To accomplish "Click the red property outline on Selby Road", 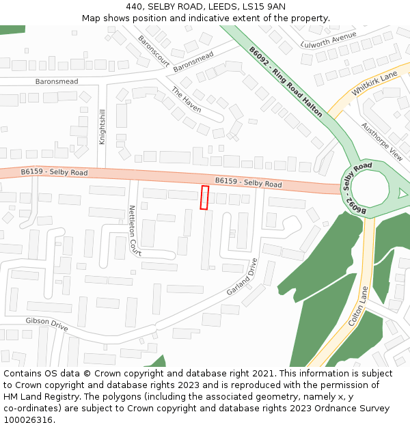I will [x=204, y=197].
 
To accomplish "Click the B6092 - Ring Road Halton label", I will [x=285, y=81].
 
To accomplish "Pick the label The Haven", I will [x=186, y=100].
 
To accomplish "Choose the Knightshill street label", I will [x=102, y=126].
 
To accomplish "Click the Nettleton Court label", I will [x=135, y=230].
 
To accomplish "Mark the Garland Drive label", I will [x=244, y=277].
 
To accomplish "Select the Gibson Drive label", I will [x=47, y=325].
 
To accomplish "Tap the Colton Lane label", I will [x=359, y=305].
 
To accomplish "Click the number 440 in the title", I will [x=134, y=6].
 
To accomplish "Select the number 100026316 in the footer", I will [x=29, y=419].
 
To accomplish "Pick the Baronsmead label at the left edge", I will [x=57, y=81].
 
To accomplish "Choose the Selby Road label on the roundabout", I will [x=357, y=171].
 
